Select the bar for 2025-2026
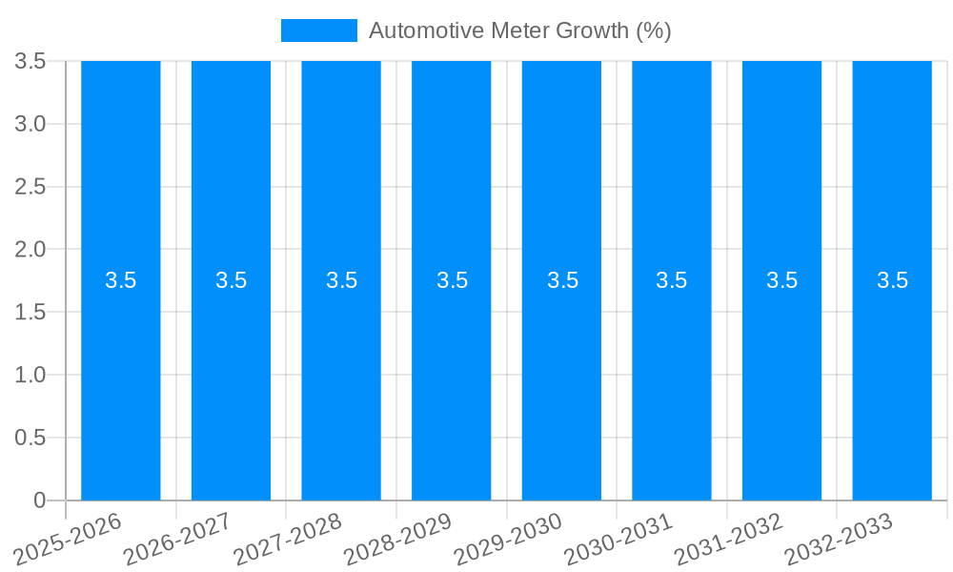pos(120,381)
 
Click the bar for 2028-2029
pos(452,381)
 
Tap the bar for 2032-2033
pos(892,381)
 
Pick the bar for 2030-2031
pos(672,381)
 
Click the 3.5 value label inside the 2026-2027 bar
pos(231,280)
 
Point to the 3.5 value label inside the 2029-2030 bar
pos(562,280)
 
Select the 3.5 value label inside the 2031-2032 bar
pos(782,280)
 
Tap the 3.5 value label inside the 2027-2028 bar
pos(341,280)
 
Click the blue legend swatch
pos(318,31)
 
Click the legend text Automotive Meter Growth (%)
pos(519,31)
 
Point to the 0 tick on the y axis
pos(39,500)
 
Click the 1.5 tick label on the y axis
pos(30,312)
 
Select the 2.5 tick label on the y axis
pos(30,187)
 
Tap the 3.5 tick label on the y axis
pos(30,61)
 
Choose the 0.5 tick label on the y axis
pos(30,438)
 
